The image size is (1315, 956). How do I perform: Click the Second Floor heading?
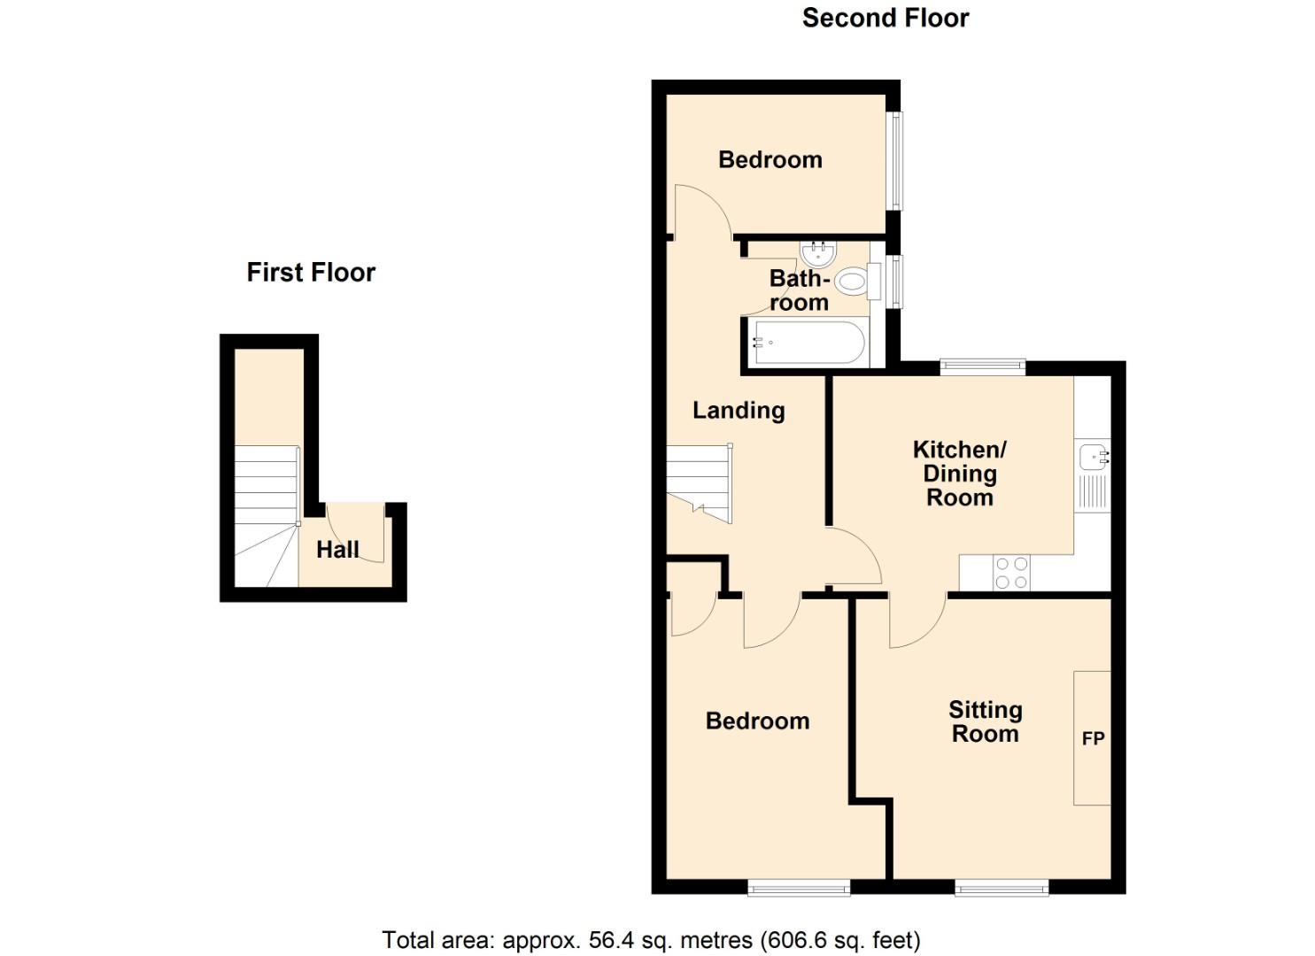point(885,18)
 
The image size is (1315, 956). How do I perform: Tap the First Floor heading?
point(311,272)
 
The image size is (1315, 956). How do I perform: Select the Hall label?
point(337,550)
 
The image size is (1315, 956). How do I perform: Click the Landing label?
point(739,410)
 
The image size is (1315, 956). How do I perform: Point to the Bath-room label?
point(799,290)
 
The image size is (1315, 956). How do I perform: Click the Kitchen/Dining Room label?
point(959,473)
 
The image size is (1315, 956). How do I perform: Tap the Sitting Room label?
point(985,721)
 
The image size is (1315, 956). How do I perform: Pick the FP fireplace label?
point(1093,738)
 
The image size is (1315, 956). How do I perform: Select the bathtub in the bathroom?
point(808,343)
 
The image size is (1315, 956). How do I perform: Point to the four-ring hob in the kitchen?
point(1011,572)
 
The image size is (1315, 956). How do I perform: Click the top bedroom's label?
point(770,159)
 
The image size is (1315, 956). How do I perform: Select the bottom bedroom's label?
point(757,721)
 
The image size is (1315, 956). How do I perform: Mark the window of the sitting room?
point(1002,886)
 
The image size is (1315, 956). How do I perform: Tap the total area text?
point(651,939)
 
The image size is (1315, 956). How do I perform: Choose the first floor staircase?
point(266,513)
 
